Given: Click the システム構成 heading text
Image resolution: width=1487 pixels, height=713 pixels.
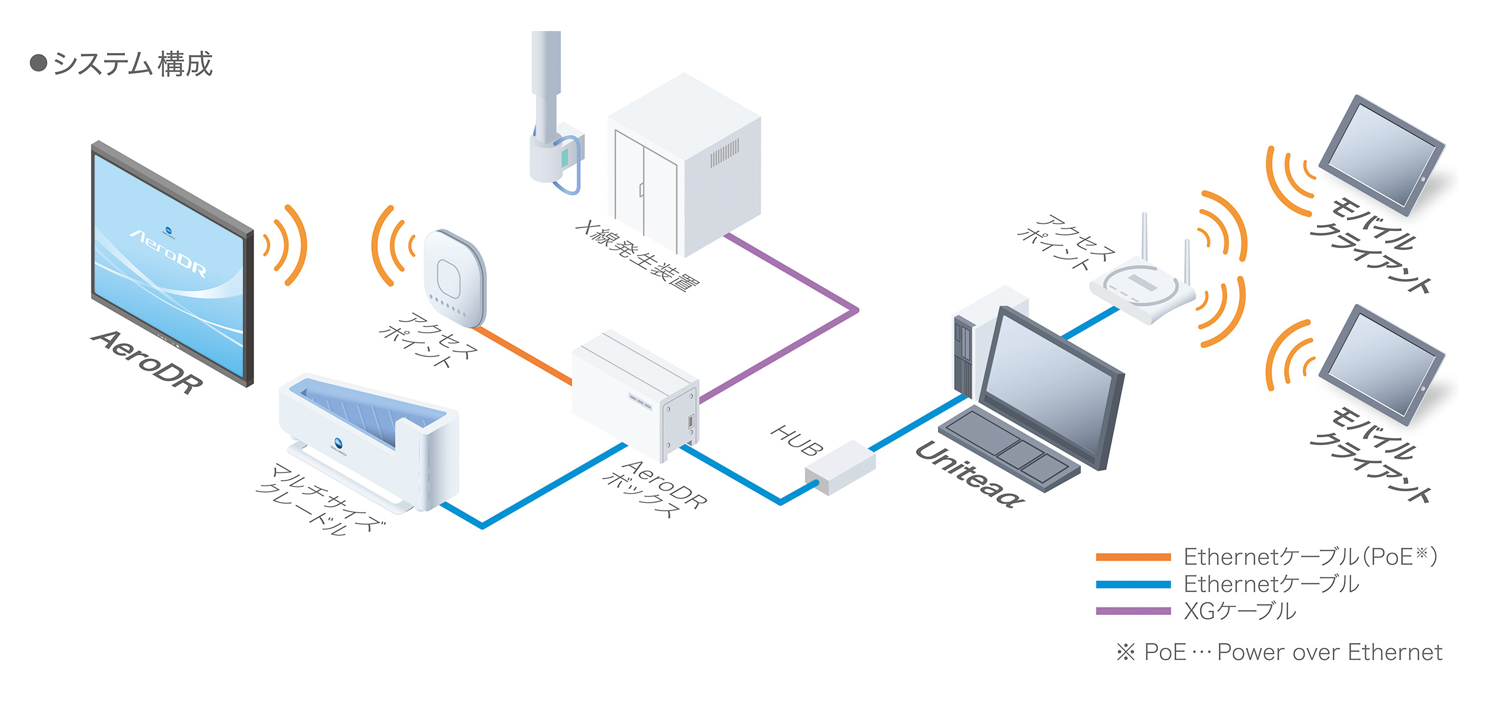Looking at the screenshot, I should point(132,64).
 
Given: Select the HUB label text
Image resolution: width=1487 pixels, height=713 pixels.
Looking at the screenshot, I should point(797,441).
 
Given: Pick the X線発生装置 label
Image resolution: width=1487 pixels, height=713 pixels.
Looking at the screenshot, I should point(637,256).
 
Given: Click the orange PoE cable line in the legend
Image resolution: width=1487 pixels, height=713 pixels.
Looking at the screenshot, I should point(1133,556).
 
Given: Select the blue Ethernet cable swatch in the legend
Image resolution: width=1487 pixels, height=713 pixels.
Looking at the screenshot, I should point(1133,584).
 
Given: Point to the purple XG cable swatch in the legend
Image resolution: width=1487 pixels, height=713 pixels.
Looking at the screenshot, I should point(1133,611).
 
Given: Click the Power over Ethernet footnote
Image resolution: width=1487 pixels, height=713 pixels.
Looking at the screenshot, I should point(1280,653).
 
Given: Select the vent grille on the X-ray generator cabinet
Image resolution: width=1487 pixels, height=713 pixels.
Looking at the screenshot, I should point(725,152).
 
